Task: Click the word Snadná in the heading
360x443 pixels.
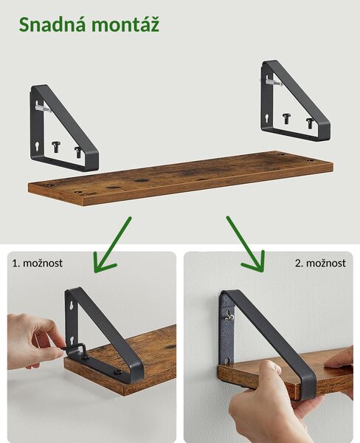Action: (52, 24)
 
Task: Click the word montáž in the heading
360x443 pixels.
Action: (125, 24)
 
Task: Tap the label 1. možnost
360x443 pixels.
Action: (38, 263)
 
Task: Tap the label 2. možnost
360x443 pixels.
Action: (320, 263)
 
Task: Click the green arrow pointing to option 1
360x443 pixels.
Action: (113, 244)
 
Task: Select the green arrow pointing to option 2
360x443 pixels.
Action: (245, 244)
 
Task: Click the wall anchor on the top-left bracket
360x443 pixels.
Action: (42, 109)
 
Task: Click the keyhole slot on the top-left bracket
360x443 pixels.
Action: (38, 146)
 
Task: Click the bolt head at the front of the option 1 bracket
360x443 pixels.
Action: (119, 372)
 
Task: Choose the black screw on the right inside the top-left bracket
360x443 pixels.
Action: (78, 152)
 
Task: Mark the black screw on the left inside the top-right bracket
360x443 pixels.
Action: (286, 118)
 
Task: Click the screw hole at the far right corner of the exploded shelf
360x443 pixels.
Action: (312, 160)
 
